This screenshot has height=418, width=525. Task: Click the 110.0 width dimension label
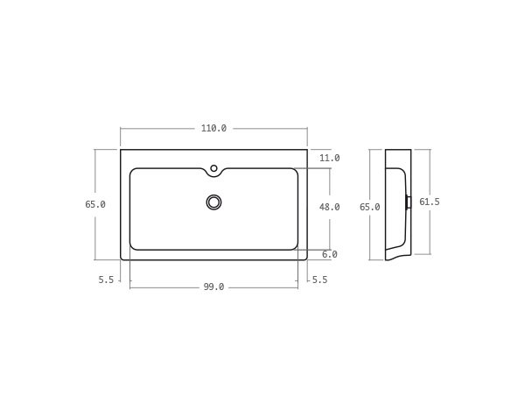pyautogui.click(x=213, y=129)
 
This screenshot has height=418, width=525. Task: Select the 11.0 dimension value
pyautogui.click(x=329, y=159)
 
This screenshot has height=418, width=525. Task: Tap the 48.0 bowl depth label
pyautogui.click(x=329, y=208)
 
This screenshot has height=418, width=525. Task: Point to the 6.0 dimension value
pyautogui.click(x=329, y=255)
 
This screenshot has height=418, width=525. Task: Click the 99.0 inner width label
pyautogui.click(x=213, y=287)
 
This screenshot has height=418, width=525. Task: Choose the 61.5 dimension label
pyautogui.click(x=429, y=202)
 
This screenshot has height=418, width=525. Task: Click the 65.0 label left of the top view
pyautogui.click(x=94, y=205)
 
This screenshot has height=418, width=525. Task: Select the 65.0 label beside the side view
pyautogui.click(x=369, y=208)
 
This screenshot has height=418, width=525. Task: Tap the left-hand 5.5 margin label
pyautogui.click(x=106, y=280)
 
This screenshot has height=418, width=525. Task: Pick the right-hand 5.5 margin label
pyautogui.click(x=319, y=280)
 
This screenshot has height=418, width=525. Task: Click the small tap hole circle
pyautogui.click(x=213, y=168)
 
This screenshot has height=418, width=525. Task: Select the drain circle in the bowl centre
pyautogui.click(x=213, y=202)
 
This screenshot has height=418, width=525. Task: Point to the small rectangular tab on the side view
pyautogui.click(x=409, y=202)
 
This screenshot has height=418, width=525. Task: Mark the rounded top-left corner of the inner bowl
pyautogui.click(x=134, y=172)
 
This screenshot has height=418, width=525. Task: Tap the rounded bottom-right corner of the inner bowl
pyautogui.click(x=294, y=246)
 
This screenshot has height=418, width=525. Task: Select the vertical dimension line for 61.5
pyautogui.click(x=430, y=228)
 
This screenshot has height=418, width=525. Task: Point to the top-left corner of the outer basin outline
pyautogui.click(x=121, y=150)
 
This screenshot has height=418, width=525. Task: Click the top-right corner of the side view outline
pyautogui.click(x=410, y=150)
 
